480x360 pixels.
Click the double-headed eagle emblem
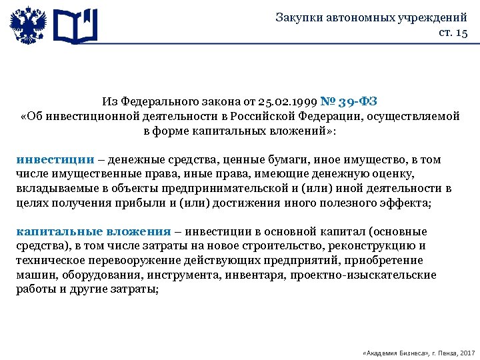pyautogui.click(x=27, y=25)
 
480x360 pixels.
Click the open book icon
pyautogui.click(x=75, y=25)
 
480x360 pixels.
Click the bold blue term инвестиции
pyautogui.click(x=55, y=160)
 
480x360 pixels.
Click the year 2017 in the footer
pyautogui.click(x=467, y=351)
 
